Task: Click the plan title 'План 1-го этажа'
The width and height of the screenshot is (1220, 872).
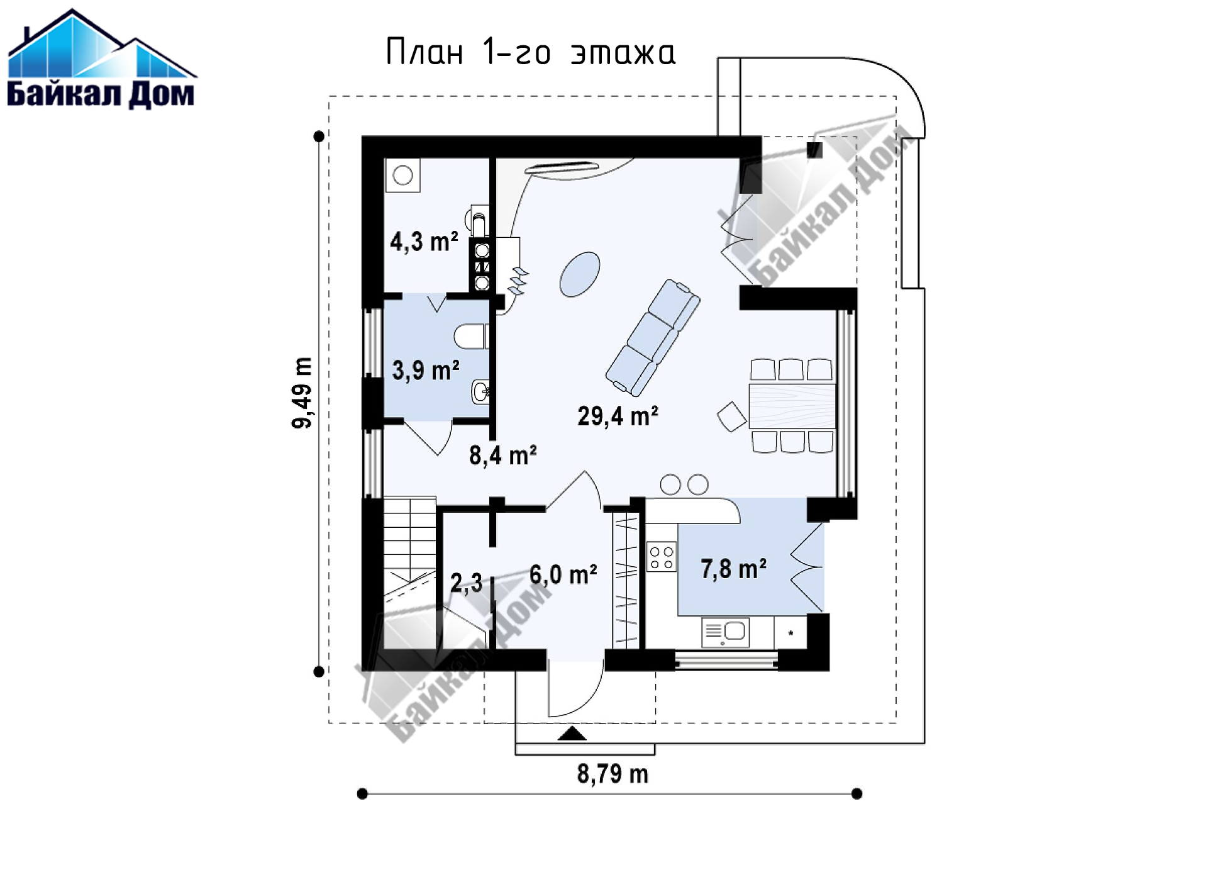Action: [x=530, y=52]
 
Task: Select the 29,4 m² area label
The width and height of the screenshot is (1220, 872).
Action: [x=618, y=416]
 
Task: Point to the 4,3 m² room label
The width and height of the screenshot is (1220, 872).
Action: [x=424, y=242]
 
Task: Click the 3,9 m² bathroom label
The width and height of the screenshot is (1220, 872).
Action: [x=425, y=371]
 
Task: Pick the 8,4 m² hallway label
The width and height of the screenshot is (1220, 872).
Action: [x=502, y=455]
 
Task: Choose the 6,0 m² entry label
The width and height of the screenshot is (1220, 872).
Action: [x=563, y=574]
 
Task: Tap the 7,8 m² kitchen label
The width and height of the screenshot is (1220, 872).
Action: [x=733, y=569]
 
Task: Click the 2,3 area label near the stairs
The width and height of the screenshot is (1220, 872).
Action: [x=466, y=584]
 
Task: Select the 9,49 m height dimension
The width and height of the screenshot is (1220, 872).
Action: [x=302, y=393]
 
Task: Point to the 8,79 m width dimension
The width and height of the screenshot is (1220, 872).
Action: [x=613, y=774]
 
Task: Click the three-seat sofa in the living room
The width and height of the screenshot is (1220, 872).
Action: [x=653, y=338]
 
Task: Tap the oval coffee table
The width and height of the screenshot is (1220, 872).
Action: [x=580, y=274]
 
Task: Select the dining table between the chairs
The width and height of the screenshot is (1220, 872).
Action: [x=792, y=406]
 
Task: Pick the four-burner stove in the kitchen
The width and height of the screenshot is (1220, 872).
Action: [x=662, y=556]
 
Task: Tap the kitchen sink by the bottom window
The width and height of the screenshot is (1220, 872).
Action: [x=726, y=632]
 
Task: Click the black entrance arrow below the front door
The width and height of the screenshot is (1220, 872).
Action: [x=572, y=733]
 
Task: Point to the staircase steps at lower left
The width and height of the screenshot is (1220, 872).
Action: [x=409, y=573]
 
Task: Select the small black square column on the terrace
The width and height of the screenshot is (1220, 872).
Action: [x=815, y=150]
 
